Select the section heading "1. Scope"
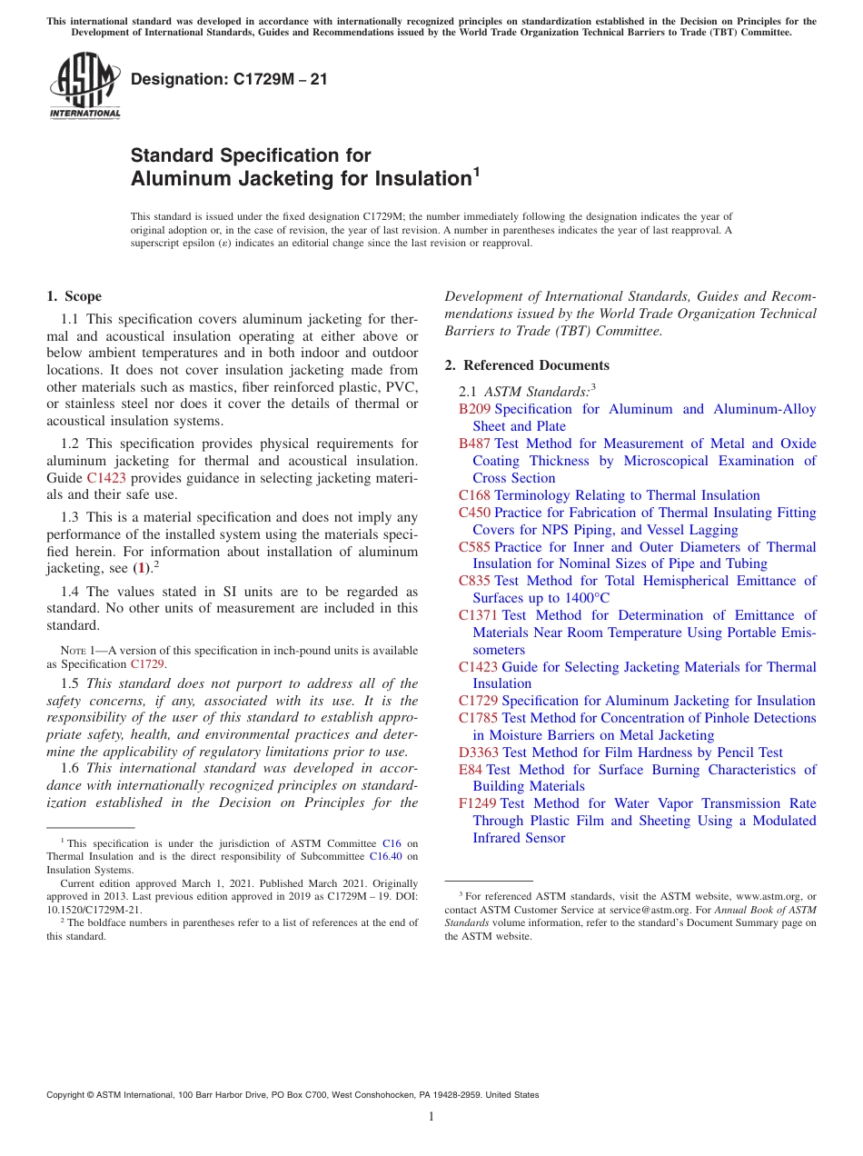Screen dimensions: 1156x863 point(74,296)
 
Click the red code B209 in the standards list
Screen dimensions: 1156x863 point(474,409)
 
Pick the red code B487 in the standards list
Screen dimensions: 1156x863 point(474,443)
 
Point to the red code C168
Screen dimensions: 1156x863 point(474,495)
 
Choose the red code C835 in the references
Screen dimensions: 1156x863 point(474,581)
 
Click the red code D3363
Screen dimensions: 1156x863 point(479,752)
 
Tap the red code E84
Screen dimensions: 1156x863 point(470,770)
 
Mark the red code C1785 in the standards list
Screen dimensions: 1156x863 point(478,718)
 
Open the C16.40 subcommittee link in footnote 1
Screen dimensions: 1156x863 point(386,856)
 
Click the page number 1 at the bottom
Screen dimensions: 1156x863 point(431,1117)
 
